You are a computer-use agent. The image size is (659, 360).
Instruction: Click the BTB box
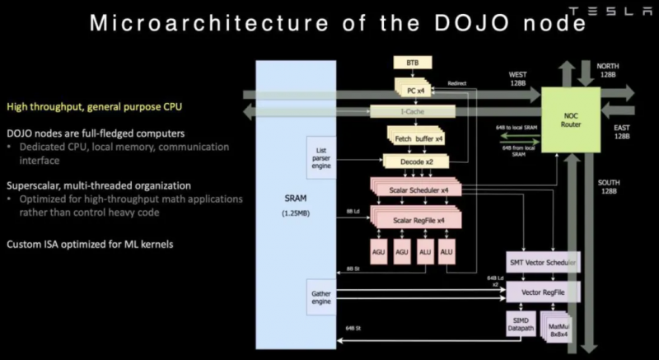click(x=413, y=63)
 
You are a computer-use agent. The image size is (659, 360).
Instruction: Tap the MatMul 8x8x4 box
click(x=558, y=329)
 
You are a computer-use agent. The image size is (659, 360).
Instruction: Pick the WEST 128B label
click(x=518, y=79)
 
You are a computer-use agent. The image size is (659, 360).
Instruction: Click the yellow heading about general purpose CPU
click(x=94, y=106)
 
